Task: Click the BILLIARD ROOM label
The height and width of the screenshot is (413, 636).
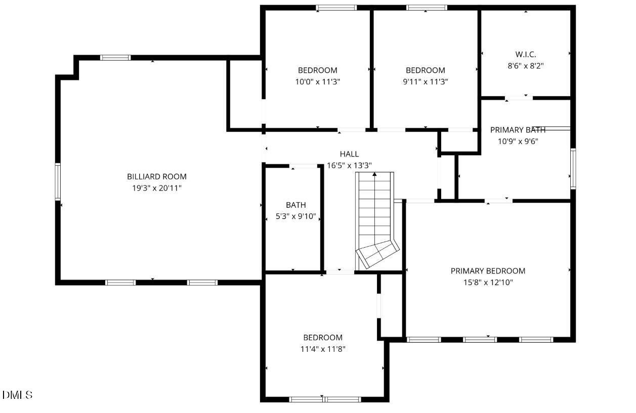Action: tap(156, 176)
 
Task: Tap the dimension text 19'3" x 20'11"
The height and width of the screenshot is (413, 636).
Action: tap(156, 188)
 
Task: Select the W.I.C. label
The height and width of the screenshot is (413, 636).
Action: tap(526, 54)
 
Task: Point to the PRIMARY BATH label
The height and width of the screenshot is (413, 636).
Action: tap(518, 130)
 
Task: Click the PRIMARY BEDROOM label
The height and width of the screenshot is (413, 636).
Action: tap(488, 271)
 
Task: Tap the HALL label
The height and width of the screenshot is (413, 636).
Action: tap(349, 154)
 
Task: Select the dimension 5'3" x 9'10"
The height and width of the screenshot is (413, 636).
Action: tap(296, 216)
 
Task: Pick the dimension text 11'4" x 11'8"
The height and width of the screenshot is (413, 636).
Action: tap(323, 349)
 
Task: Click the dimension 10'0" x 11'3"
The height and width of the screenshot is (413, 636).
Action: tap(317, 81)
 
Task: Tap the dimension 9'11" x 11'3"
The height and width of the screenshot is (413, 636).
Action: tap(426, 81)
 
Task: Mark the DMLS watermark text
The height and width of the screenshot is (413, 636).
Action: tap(18, 395)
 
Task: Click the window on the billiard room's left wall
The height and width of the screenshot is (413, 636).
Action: tap(58, 181)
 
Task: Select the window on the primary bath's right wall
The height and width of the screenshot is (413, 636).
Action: tap(573, 168)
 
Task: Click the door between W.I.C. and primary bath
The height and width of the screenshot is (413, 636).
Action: tap(519, 97)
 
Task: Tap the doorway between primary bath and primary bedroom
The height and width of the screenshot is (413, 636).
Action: tap(498, 201)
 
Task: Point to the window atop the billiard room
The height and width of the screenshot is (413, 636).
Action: tap(115, 58)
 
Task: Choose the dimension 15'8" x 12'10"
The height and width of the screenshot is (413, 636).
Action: tap(488, 283)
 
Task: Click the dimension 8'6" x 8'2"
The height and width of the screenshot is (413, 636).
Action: tap(526, 66)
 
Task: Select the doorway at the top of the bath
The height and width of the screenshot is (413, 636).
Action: tap(304, 166)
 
